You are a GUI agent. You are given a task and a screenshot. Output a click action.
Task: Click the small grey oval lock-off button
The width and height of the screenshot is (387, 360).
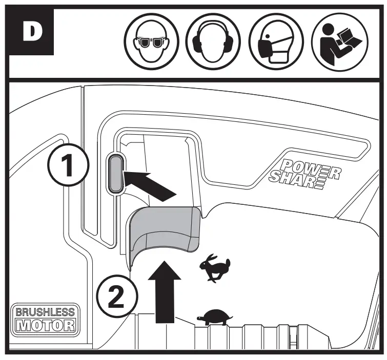(x=115, y=174)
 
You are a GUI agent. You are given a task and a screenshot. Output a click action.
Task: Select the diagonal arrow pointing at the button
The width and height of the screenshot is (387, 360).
(x=149, y=185)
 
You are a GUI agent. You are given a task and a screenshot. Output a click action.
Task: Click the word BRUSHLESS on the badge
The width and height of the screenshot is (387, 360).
(x=45, y=311)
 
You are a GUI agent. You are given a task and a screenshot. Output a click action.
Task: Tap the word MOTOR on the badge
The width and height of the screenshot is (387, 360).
(x=45, y=325)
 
